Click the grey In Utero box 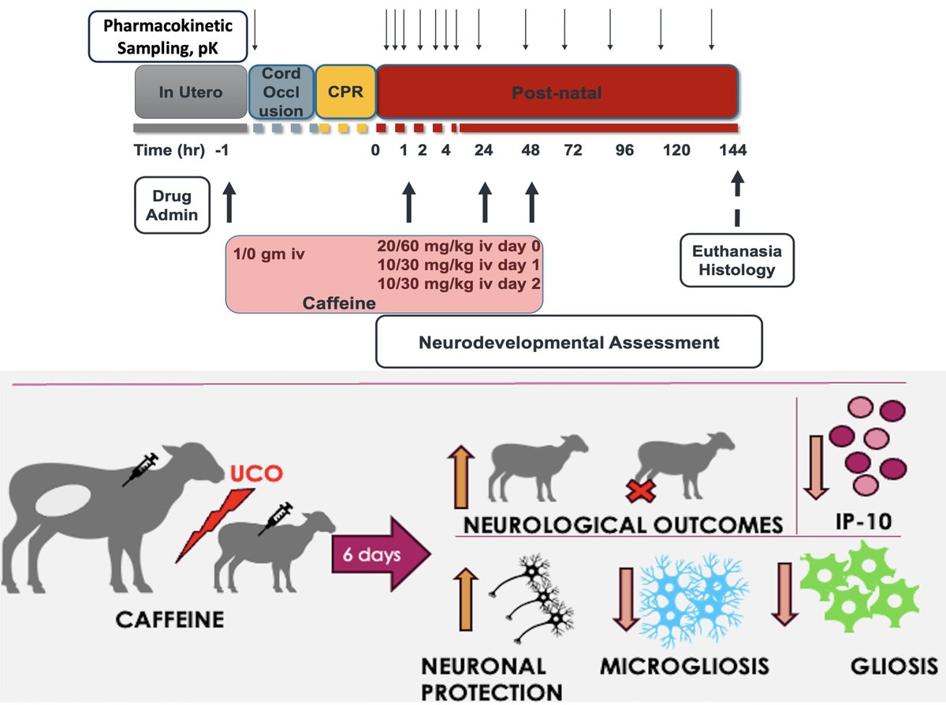coord(191,92)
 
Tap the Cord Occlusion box coord(281,92)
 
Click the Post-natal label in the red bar coord(557,93)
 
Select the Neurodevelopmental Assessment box coord(568,343)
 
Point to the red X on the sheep coord(640,492)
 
